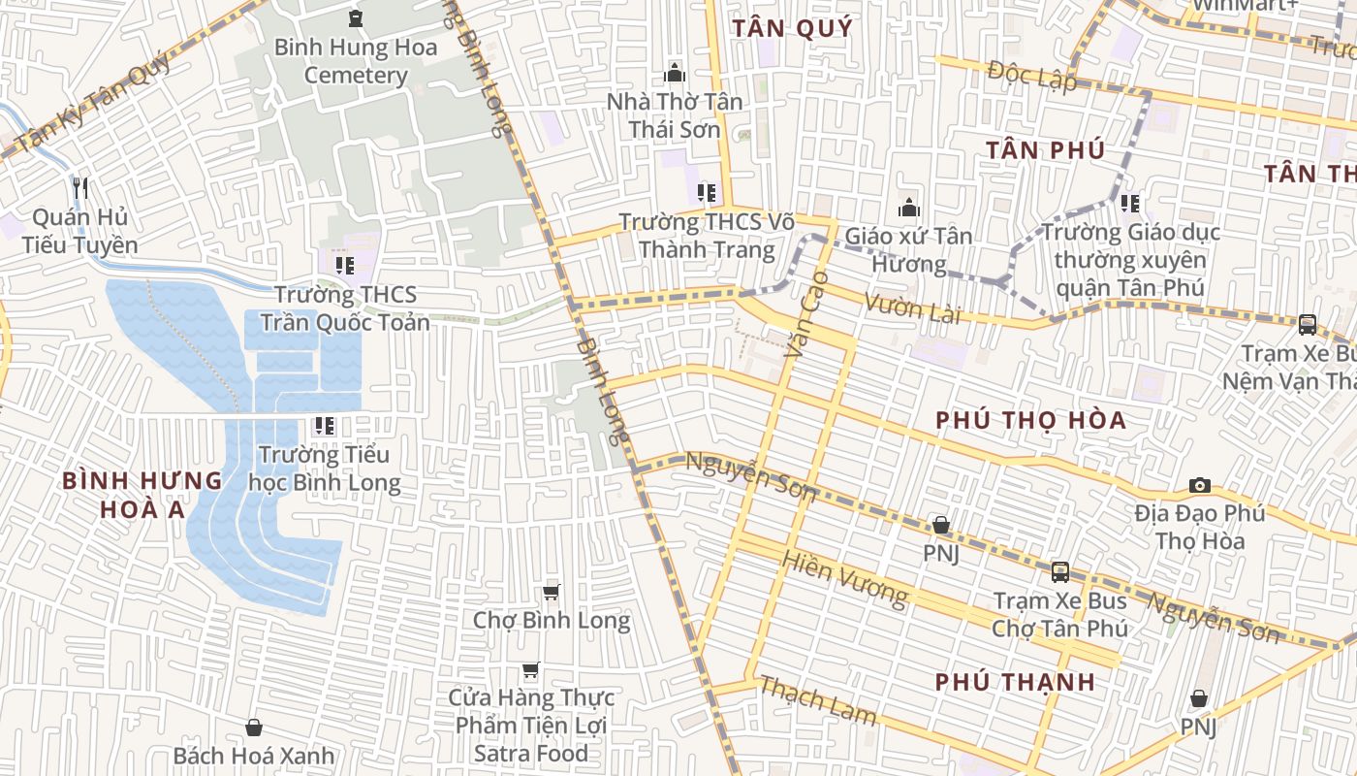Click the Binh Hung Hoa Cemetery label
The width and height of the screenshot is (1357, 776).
(355, 61)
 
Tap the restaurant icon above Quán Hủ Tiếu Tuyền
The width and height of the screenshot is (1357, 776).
(80, 187)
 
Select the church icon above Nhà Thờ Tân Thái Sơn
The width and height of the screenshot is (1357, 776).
(675, 73)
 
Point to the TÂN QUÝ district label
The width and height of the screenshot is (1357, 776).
(792, 28)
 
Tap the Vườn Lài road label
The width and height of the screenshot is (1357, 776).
(912, 309)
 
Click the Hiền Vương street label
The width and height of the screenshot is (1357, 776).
(843, 580)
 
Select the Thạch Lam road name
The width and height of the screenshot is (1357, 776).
(817, 700)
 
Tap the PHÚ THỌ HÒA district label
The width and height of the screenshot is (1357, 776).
(1031, 420)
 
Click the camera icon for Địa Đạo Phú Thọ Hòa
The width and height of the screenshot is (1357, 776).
(1200, 485)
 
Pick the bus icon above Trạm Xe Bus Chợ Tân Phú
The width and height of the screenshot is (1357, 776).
(1060, 571)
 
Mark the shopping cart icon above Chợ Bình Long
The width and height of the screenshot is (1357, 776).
(552, 592)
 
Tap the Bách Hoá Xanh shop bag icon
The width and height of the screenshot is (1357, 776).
(254, 727)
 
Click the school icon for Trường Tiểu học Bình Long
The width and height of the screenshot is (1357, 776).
(325, 425)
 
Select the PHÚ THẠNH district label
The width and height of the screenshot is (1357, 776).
(1015, 682)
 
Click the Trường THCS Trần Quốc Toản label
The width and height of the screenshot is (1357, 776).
(352, 307)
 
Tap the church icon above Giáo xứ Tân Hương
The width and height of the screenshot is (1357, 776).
(908, 207)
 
